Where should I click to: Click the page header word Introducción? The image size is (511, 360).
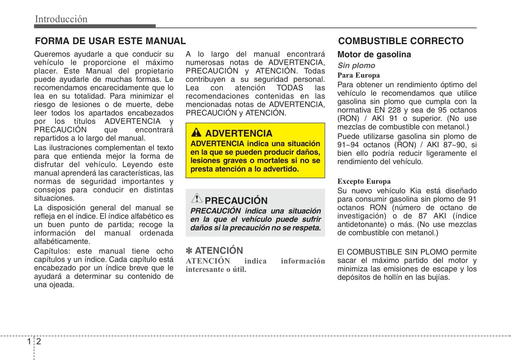(61, 19)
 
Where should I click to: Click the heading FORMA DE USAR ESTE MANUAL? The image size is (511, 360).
(110, 41)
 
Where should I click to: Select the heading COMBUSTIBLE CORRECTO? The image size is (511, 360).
(401, 41)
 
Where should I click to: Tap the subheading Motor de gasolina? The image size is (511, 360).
(374, 54)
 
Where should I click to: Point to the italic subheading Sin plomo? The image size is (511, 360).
(356, 65)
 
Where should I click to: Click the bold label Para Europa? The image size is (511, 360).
(359, 75)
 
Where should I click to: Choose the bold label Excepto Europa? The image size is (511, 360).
(364, 181)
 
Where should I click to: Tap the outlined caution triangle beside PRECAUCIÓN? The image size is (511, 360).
(197, 199)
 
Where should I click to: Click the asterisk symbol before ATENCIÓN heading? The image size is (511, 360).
(189, 251)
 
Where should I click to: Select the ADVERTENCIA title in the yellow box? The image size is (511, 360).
(239, 134)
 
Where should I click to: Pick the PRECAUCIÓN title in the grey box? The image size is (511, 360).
(236, 201)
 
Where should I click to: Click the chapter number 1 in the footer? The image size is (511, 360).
(29, 341)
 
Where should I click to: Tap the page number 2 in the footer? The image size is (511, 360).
(39, 341)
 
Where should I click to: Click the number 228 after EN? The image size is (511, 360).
(394, 110)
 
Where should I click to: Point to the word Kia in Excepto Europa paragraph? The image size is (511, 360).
(416, 191)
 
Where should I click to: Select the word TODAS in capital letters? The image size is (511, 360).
(290, 88)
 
